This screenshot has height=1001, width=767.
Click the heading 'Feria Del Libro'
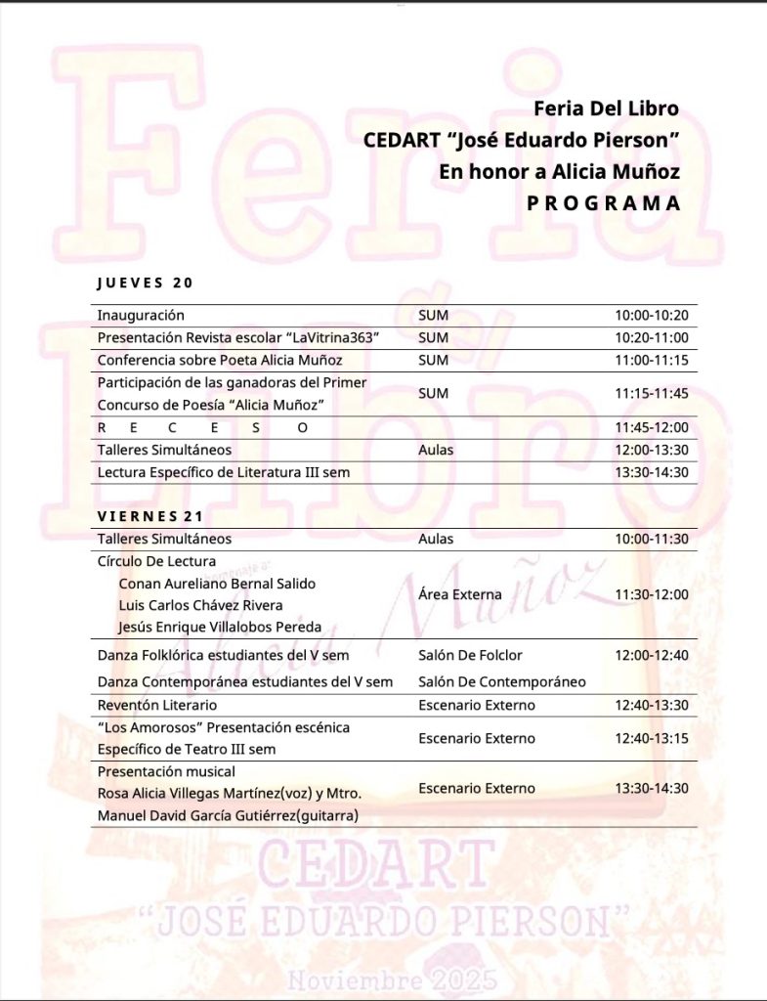[x=606, y=108]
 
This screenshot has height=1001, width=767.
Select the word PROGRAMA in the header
[x=602, y=203]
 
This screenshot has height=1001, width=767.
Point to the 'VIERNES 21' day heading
[x=149, y=515]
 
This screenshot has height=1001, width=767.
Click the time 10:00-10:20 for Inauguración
[x=652, y=316]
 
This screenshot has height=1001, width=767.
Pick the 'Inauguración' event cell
[x=141, y=316]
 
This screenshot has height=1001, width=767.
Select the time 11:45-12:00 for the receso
[x=652, y=427]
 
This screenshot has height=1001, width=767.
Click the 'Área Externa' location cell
[x=459, y=594]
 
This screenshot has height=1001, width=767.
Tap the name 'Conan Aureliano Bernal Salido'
[x=217, y=584]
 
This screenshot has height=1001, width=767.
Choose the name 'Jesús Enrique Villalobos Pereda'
[x=220, y=627]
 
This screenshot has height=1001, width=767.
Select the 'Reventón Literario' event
[x=157, y=705]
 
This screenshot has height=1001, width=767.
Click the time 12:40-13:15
[x=652, y=738]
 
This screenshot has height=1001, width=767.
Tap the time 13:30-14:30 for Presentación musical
[x=652, y=789]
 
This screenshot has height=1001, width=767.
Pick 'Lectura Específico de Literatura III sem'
[x=224, y=472]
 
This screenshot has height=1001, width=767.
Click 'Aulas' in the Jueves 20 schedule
[x=436, y=451]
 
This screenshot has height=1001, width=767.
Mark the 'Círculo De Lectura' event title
[x=156, y=561]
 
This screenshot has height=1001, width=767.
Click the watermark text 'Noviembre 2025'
[x=391, y=979]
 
